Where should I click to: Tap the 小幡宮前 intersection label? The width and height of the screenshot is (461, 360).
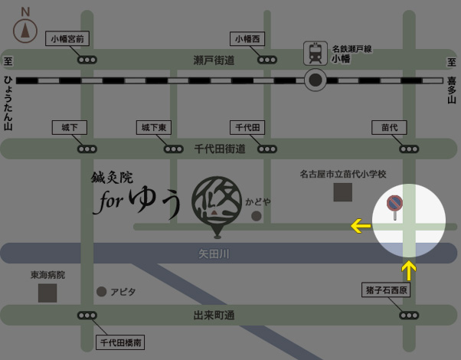[x=69, y=38]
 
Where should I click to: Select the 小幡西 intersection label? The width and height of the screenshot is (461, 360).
[x=248, y=38]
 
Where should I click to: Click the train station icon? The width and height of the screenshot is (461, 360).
[x=315, y=52]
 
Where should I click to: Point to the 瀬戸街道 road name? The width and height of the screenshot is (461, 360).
[x=214, y=60]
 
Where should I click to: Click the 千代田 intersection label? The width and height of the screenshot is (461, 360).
[x=247, y=126]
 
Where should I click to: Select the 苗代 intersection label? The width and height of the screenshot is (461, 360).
[x=389, y=126]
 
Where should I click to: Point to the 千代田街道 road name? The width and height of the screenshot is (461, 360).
[x=219, y=149]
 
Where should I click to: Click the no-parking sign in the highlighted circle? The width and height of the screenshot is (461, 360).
[x=394, y=204]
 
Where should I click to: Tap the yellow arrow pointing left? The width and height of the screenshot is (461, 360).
[x=360, y=226]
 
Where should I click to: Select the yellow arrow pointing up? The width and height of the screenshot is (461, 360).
[x=409, y=270]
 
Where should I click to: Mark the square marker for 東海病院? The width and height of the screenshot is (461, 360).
[x=47, y=293]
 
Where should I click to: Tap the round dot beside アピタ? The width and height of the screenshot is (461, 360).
[x=101, y=292]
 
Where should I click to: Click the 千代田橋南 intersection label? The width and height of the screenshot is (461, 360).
[x=121, y=341]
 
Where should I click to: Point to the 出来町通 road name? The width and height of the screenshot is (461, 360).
[x=214, y=315]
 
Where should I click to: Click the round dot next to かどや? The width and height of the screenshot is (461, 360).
[x=257, y=216]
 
